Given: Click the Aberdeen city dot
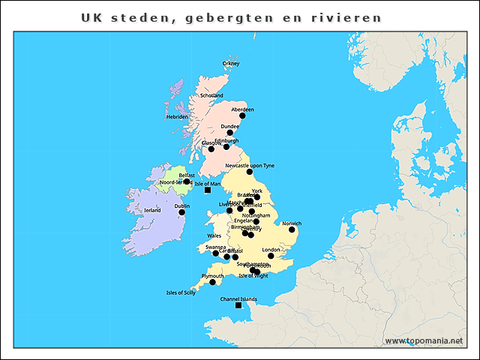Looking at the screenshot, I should (242, 116).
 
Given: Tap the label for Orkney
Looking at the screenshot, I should (231, 64).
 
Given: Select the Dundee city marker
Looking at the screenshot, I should (230, 133).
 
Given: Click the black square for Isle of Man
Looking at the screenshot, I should (208, 190).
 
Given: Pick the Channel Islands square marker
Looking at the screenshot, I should (238, 305).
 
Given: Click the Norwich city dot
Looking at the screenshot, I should (292, 229).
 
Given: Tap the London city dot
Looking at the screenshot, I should (271, 256).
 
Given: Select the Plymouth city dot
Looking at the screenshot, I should (212, 282).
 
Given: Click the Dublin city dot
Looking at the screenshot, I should (181, 212).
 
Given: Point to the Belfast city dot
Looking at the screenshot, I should (187, 181).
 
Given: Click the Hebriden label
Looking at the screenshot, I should (177, 117).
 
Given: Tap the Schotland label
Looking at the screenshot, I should (211, 96).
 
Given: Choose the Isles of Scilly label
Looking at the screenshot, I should (181, 292).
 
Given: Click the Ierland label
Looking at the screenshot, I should (152, 211).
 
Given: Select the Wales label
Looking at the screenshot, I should (214, 235).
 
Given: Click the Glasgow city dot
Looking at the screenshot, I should (211, 149).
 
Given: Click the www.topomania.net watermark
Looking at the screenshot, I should (424, 340).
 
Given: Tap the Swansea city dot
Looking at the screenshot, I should (216, 253).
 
